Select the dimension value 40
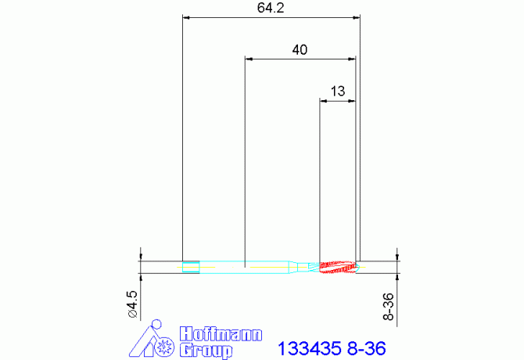(x=300, y=49)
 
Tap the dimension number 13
(x=338, y=91)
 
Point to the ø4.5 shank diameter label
(x=132, y=303)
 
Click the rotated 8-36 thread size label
(x=388, y=306)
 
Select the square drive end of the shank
(x=189, y=266)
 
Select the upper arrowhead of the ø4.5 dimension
(x=140, y=254)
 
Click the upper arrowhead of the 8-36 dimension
(x=398, y=254)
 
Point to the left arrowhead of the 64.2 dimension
(x=185, y=16)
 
